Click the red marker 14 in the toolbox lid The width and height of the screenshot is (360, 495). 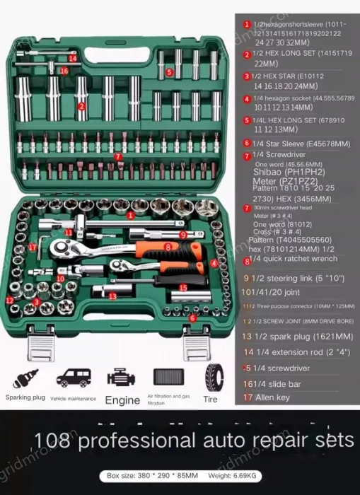point(73,58)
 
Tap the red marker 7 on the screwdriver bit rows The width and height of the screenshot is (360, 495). point(118,156)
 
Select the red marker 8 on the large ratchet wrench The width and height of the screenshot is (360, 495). point(168,247)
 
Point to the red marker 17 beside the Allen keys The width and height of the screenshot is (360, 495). point(33,247)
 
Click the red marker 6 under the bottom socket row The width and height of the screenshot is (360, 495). point(192,318)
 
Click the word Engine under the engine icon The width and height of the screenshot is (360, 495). point(122,400)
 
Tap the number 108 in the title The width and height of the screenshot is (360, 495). point(53,441)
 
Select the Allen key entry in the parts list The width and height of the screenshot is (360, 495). point(272,397)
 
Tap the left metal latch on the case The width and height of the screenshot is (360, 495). point(40,349)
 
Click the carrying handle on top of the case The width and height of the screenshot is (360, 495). point(120,23)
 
